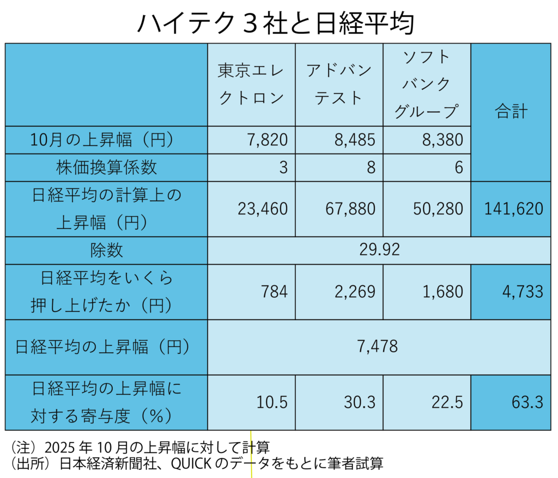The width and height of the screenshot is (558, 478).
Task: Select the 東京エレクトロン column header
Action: [x=251, y=84]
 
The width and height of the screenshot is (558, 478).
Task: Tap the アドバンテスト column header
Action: [x=339, y=84]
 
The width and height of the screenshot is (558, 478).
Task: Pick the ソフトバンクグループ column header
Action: [x=427, y=84]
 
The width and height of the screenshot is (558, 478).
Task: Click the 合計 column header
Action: [x=511, y=112]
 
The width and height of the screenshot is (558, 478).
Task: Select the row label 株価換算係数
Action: [x=106, y=168]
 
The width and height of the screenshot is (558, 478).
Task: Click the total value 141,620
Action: [x=511, y=209]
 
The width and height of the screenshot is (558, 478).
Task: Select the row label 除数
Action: [x=106, y=250]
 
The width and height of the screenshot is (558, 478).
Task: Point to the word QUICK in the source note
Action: [x=189, y=464]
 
